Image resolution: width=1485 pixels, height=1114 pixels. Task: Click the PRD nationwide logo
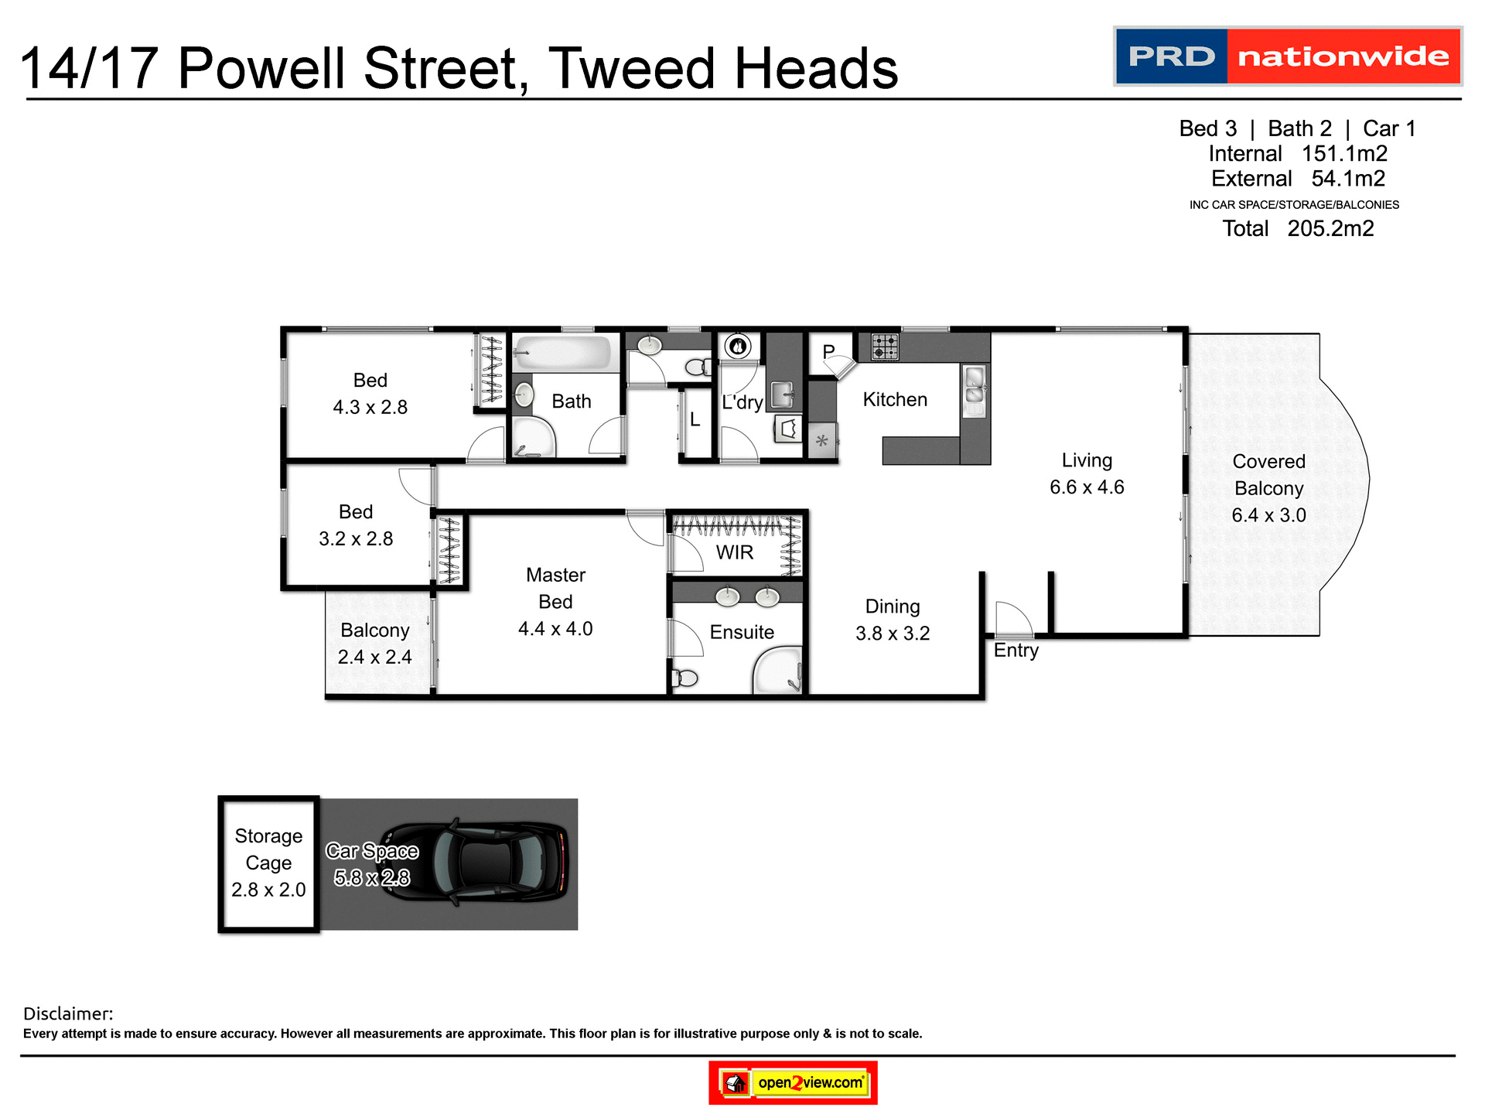[x=1287, y=56]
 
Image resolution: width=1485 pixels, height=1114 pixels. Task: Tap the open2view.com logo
[x=793, y=1082]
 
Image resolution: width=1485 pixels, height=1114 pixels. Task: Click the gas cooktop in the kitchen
[x=885, y=347]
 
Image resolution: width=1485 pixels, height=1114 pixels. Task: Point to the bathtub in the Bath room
[x=564, y=354]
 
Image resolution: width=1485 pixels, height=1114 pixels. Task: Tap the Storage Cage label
[x=268, y=849]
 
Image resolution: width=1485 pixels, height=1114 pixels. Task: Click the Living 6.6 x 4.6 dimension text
[x=1087, y=487]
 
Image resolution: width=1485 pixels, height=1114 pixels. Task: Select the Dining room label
[x=893, y=607]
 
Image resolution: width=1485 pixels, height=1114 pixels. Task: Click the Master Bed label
[x=555, y=588]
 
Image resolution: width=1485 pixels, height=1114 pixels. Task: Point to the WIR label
[x=734, y=552]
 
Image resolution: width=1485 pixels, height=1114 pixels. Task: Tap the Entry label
[x=1016, y=651]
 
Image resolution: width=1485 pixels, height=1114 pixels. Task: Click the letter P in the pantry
[x=828, y=352]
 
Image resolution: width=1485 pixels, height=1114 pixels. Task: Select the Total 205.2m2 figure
[x=1298, y=229]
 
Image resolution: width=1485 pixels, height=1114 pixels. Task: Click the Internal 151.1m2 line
[x=1298, y=154]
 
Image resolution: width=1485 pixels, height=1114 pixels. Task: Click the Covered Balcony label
[x=1268, y=475]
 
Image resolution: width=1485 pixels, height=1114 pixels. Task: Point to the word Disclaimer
[x=68, y=1013]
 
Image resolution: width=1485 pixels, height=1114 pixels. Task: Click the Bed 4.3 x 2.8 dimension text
[x=370, y=408]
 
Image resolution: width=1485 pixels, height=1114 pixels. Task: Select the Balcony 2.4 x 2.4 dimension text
[x=374, y=658]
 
